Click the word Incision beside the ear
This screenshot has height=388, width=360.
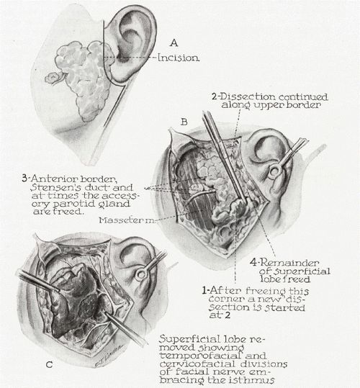coord(179,58)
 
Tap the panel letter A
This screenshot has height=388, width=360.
coord(174,43)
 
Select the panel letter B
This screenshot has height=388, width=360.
coord(184,122)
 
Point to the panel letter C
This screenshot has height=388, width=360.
coord(49,365)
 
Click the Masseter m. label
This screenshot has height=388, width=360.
coord(127,220)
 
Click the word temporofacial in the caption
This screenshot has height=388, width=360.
coord(201,356)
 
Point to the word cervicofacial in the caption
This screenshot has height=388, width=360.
coord(197,364)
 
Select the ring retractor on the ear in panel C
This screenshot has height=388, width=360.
coord(141,274)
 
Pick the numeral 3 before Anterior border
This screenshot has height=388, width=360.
coord(24,179)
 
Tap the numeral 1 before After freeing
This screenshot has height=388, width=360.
coord(204,290)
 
